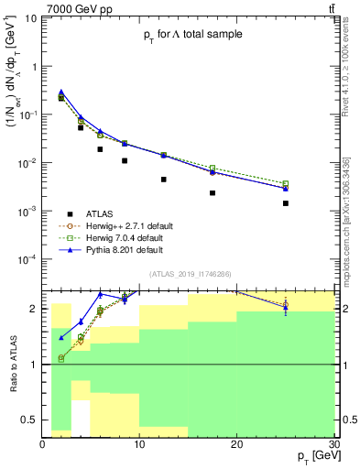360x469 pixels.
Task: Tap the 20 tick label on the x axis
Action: click(x=236, y=444)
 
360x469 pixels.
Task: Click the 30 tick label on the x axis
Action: click(x=333, y=444)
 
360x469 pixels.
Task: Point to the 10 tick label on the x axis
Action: click(x=139, y=444)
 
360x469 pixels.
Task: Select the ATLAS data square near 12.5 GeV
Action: click(x=163, y=180)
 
